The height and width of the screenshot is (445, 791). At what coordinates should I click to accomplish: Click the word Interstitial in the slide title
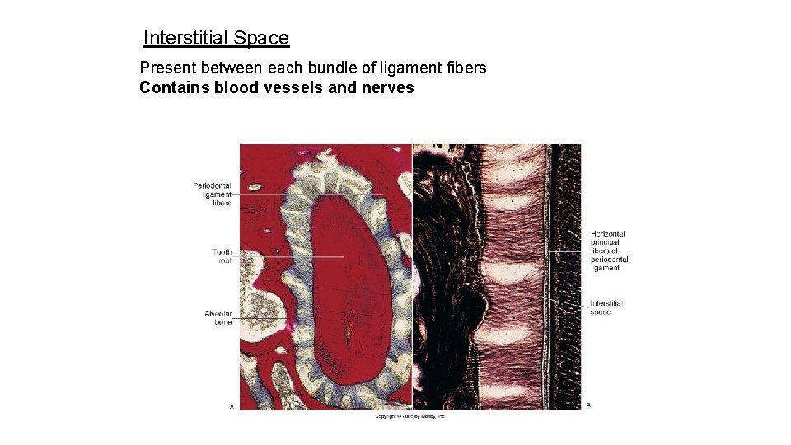tap(185, 38)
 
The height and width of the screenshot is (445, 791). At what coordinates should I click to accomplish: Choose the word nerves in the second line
tap(387, 87)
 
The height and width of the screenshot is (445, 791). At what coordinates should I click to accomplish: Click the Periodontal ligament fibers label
tap(212, 194)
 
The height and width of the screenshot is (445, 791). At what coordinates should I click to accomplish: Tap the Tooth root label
tap(222, 256)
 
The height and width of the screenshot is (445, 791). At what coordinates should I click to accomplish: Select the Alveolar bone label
tap(218, 317)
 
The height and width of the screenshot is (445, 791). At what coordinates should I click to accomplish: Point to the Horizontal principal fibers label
tap(609, 251)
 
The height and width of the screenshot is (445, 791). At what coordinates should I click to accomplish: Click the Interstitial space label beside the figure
tap(606, 307)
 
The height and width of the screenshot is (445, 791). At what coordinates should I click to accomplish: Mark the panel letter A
tap(231, 405)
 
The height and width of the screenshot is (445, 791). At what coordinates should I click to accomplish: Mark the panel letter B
tap(587, 405)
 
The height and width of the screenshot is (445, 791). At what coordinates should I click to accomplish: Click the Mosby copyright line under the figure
tap(410, 417)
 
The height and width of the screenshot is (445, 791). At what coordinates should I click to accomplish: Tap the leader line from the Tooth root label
tap(288, 256)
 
